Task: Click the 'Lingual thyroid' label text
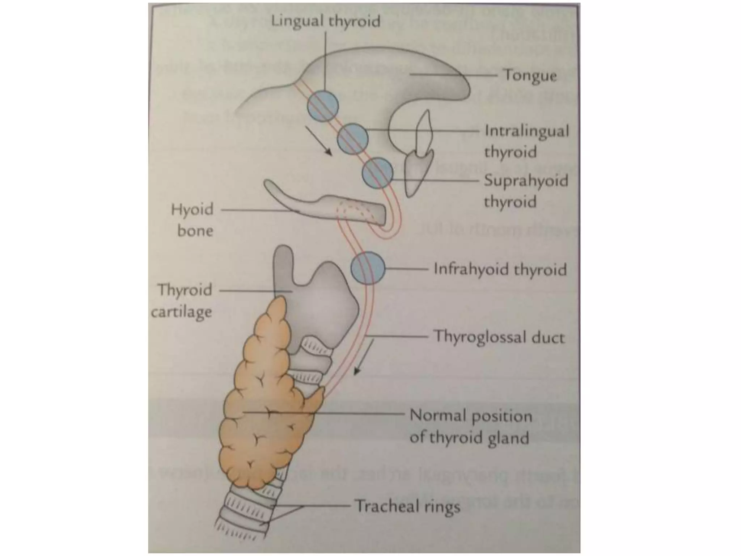[326, 21]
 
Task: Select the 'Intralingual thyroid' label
[526, 141]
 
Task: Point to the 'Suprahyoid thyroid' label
[526, 191]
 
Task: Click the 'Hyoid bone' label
[192, 220]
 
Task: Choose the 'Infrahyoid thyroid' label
[500, 270]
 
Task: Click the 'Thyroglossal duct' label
[499, 337]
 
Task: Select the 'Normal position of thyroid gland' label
[470, 427]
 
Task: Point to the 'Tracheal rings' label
[407, 506]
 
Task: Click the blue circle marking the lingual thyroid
[323, 106]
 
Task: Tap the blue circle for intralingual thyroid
[353, 139]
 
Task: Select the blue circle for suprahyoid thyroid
[377, 173]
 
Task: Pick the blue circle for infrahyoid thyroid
[368, 268]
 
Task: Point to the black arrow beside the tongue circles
[318, 140]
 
